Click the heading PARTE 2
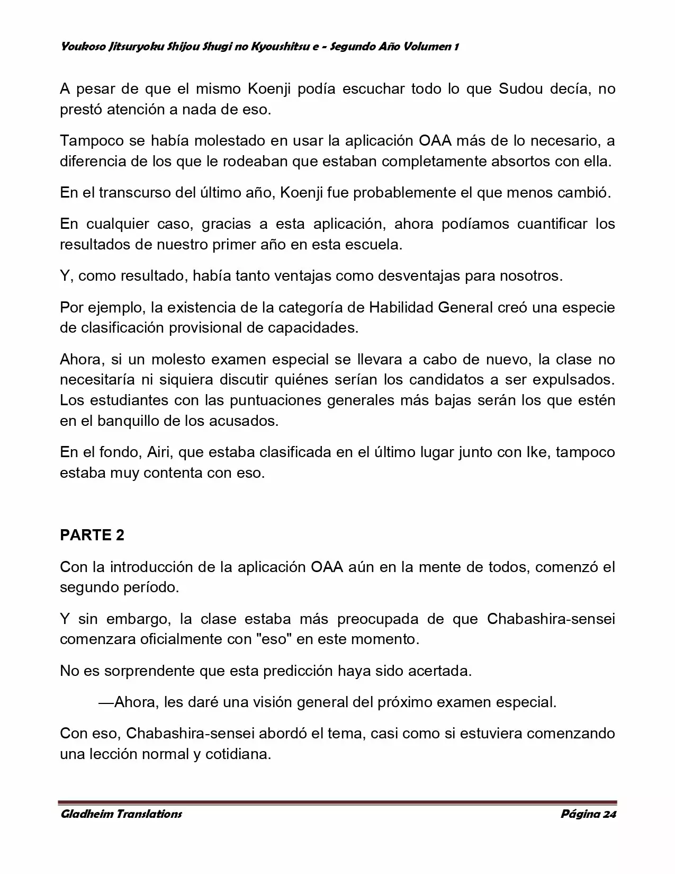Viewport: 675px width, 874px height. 92,535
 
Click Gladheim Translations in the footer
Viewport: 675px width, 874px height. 121,814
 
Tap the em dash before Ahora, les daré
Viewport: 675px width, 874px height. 106,702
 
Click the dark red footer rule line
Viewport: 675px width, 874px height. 337,802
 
